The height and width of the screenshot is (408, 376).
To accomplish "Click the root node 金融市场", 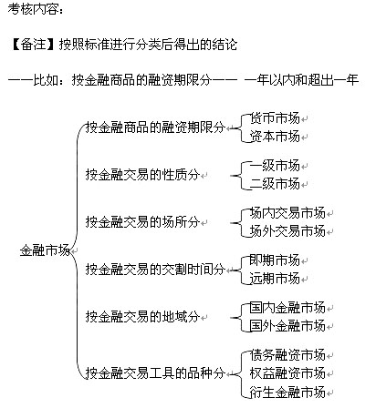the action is click(45, 250).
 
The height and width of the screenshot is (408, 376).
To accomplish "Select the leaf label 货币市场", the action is click(275, 118).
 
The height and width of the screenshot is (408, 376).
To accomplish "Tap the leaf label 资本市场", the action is click(275, 137).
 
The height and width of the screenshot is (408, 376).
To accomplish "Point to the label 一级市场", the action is click(275, 166).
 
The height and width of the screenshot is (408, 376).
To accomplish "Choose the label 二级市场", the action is click(275, 184).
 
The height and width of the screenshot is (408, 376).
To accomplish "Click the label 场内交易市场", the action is click(287, 213).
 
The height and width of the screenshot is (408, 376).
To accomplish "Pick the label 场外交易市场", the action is click(287, 231).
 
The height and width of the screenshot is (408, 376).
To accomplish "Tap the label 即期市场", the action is click(275, 260).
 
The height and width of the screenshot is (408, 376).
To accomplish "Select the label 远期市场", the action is click(275, 279).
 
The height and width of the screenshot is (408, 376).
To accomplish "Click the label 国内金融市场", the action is click(287, 308).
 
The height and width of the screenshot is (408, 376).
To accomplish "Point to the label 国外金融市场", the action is click(287, 326).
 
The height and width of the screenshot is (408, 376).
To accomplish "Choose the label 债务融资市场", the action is click(287, 355).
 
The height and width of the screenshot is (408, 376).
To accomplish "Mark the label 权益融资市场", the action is click(287, 373).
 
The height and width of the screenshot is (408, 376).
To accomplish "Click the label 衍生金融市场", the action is click(287, 392).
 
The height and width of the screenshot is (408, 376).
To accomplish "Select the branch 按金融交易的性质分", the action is click(142, 175).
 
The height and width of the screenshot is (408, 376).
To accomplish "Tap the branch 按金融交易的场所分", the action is click(142, 222).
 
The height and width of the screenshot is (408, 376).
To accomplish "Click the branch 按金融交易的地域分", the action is click(142, 317).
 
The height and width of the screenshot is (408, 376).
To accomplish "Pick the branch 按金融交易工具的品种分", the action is click(155, 373).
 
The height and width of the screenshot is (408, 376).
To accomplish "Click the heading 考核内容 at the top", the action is click(33, 9).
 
